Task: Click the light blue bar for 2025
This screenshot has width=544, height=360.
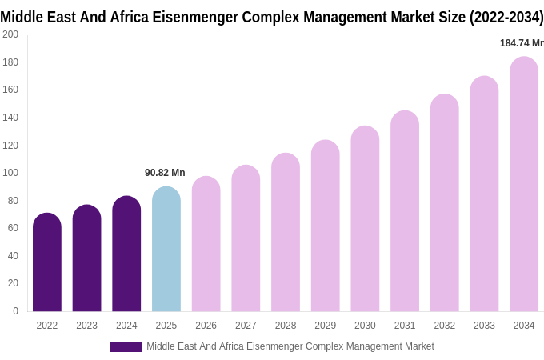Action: pos(166,249)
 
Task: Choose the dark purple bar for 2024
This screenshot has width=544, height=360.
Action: pos(126,254)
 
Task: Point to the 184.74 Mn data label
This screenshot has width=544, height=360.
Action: pos(521,43)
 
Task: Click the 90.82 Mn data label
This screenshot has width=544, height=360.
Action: pos(165,173)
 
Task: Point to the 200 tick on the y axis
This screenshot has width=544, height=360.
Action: pos(10,34)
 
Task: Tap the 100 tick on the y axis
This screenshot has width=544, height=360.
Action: pos(10,173)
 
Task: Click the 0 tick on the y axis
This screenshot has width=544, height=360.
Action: pos(15,311)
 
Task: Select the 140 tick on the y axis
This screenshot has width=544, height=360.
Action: pos(10,118)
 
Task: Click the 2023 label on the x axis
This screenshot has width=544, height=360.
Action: pos(86,326)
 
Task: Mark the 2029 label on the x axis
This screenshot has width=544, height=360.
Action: pos(325,326)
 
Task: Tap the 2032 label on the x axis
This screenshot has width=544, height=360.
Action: pos(444,326)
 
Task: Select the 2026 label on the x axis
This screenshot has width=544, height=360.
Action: pos(206,326)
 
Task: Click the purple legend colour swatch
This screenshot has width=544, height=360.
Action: pos(126,347)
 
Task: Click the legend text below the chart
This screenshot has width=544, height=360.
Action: pos(290,346)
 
